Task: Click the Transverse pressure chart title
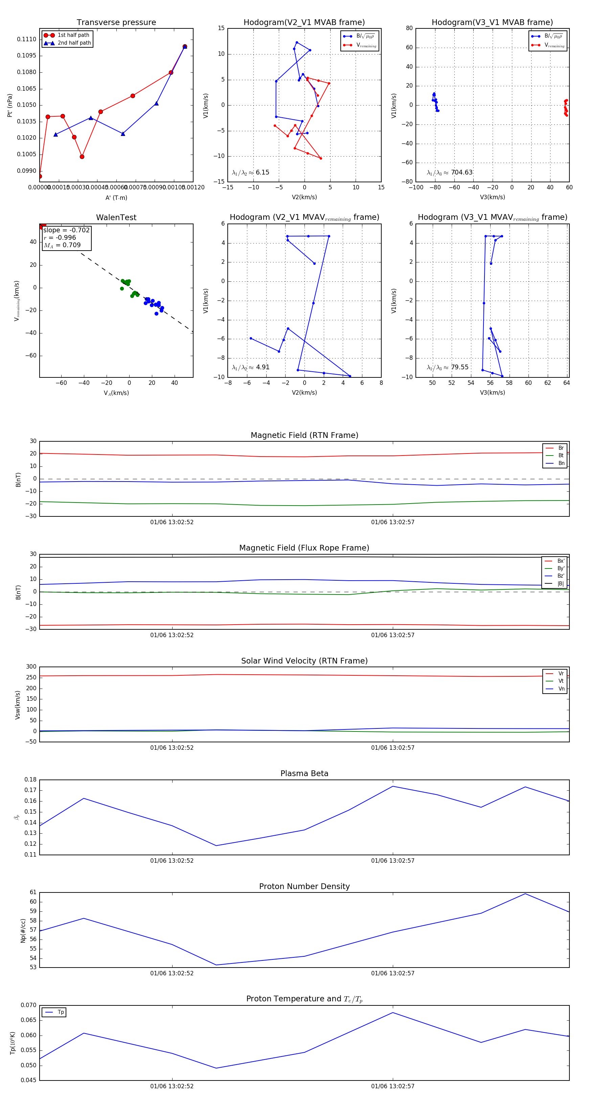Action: click(116, 23)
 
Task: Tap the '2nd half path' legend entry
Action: click(74, 43)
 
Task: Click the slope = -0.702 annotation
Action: click(66, 230)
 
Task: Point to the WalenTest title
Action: click(116, 217)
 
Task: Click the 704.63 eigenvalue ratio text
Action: click(461, 172)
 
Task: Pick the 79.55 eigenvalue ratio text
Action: click(459, 367)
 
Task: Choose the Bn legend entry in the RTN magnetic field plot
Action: click(561, 463)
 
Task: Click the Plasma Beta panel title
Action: click(304, 774)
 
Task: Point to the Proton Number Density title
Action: click(304, 886)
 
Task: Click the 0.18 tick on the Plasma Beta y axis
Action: click(30, 780)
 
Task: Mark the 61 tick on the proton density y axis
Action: click(33, 892)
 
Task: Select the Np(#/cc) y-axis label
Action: click(23, 930)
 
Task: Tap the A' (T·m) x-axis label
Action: click(116, 198)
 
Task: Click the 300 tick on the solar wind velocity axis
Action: click(31, 667)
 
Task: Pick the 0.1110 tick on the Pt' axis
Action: click(26, 40)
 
